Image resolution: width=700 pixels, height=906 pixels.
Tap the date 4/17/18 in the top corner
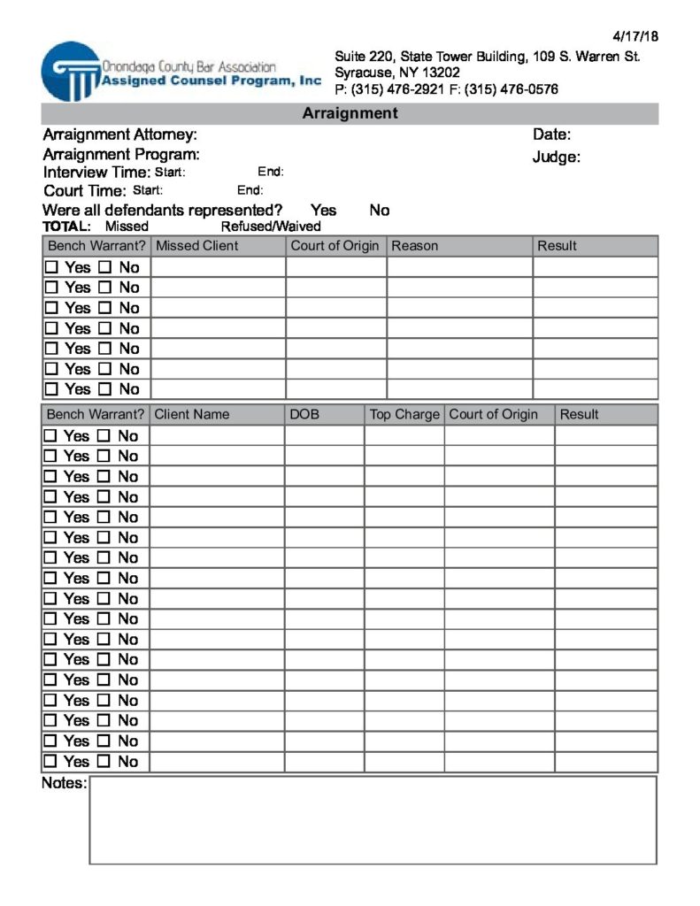point(635,36)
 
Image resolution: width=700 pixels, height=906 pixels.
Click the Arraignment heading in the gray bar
point(350,113)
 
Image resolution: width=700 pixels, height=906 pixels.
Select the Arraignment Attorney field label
point(119,135)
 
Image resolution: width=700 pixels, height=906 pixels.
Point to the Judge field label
point(556,157)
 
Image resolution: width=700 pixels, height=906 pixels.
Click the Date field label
point(551,135)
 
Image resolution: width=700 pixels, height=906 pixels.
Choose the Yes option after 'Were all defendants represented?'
point(323,211)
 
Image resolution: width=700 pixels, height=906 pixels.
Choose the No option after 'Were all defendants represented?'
point(379,211)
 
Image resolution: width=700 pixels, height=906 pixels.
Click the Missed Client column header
point(196,246)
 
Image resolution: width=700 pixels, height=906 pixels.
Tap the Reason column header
point(414,246)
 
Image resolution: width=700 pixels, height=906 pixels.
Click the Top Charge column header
point(404,414)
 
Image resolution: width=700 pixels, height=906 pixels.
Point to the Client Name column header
point(191,414)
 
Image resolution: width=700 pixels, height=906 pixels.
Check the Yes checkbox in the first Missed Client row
point(51,267)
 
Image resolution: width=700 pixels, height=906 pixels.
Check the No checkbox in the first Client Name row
point(104,436)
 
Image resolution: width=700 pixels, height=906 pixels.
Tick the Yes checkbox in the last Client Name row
point(51,762)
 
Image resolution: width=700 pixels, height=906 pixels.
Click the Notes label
point(64,784)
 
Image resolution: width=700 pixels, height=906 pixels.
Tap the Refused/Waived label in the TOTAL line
point(271,226)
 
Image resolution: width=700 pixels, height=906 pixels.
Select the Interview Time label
point(96,173)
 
